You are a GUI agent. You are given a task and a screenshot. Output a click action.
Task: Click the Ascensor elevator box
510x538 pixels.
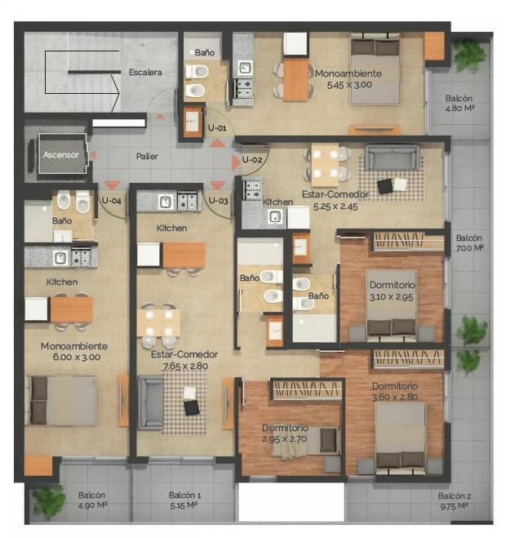62,153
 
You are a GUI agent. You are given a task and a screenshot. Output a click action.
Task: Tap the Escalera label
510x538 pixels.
145,73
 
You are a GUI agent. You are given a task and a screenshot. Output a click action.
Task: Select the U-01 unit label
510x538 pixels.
217,128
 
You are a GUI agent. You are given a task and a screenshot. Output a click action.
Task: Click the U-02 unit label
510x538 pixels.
252,159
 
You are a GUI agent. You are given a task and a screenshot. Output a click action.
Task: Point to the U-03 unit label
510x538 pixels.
219,200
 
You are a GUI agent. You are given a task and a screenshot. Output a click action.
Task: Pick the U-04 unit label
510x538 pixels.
112,201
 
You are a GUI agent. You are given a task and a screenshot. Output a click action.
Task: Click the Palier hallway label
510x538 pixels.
147,157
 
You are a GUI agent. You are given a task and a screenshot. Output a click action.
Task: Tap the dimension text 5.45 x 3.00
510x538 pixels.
349,85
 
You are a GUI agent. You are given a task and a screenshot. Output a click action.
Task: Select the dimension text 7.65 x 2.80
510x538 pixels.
185,366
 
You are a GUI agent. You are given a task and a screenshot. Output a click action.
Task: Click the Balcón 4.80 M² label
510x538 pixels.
459,104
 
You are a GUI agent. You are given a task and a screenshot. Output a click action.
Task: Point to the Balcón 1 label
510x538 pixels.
185,495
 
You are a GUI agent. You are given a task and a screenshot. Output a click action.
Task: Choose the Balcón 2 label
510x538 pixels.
455,496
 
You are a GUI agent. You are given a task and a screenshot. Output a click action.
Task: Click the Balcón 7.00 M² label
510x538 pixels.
469,243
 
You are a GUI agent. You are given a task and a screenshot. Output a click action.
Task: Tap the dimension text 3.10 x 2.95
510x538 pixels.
391,297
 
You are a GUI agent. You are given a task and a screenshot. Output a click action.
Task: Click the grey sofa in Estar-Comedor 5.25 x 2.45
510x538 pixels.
392,158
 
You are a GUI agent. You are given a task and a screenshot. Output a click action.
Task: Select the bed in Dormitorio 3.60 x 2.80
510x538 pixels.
401,438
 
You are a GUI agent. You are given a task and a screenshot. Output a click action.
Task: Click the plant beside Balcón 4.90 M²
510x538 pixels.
49,501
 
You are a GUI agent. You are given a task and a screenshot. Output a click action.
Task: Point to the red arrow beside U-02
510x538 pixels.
236,162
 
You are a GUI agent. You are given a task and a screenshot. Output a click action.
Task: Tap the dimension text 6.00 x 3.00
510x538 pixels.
77,358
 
